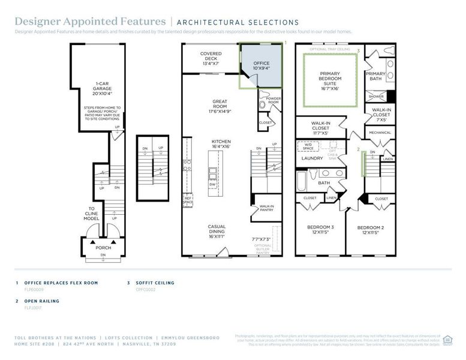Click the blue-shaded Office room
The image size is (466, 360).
point(261,66)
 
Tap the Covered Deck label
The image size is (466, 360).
point(211,58)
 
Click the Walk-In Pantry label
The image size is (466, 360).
point(266,209)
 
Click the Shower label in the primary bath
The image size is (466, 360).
point(376,97)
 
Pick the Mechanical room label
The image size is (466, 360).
point(380,133)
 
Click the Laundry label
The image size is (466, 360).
point(312,158)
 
